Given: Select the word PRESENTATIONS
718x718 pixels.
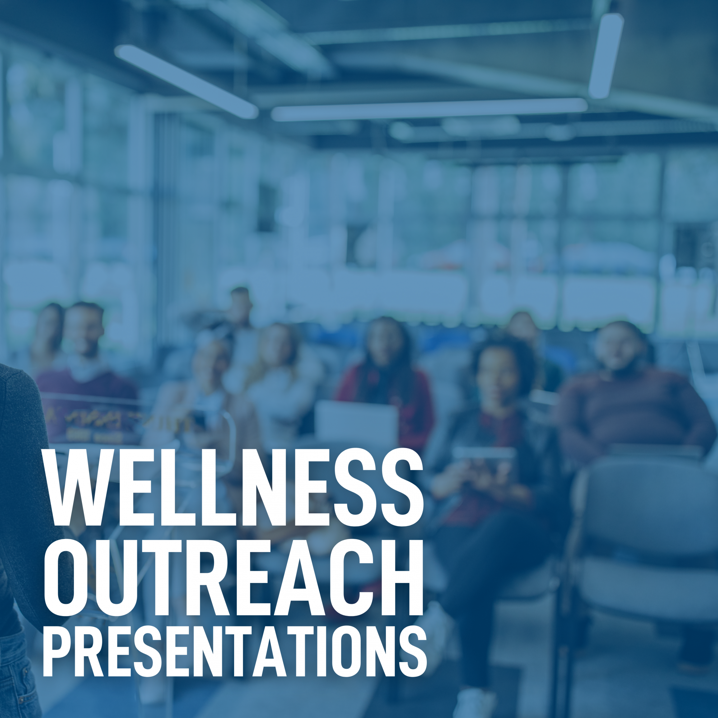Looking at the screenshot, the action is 235,654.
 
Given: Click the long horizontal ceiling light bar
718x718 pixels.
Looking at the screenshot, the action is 429,109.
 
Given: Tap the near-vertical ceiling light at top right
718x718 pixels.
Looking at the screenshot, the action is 606,56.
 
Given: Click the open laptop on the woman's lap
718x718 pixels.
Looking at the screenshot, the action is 356,423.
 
